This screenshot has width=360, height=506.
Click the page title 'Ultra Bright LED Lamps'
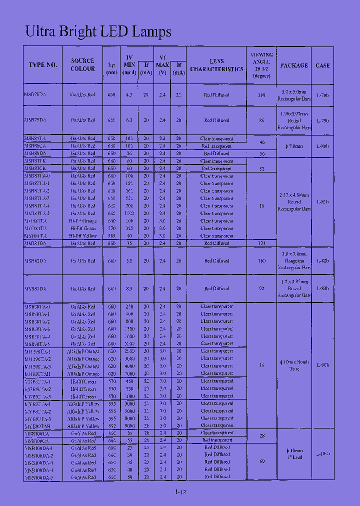[x=98, y=31]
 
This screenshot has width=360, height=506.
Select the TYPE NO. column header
[x=43, y=65]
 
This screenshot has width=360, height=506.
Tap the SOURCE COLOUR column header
[x=82, y=64]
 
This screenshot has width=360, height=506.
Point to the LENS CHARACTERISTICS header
[x=216, y=65]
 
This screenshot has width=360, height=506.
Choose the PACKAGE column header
[x=294, y=65]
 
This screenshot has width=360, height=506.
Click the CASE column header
[x=322, y=65]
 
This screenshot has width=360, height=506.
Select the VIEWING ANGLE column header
[x=261, y=65]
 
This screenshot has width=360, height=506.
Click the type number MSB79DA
[x=35, y=120]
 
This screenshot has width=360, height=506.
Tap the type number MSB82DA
[x=35, y=260]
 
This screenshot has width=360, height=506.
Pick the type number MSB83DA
[x=35, y=288]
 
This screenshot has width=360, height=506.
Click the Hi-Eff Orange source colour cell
[x=82, y=220]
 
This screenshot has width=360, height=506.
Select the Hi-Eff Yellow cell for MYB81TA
[x=82, y=235]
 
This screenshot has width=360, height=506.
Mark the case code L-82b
[x=323, y=260]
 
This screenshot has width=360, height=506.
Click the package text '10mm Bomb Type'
[x=294, y=365]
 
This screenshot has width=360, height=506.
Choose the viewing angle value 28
[x=261, y=436]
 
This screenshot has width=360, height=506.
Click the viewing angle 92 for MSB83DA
[x=261, y=288]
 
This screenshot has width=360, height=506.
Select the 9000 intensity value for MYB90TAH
[x=129, y=426]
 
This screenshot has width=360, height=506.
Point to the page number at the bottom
[x=180, y=492]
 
